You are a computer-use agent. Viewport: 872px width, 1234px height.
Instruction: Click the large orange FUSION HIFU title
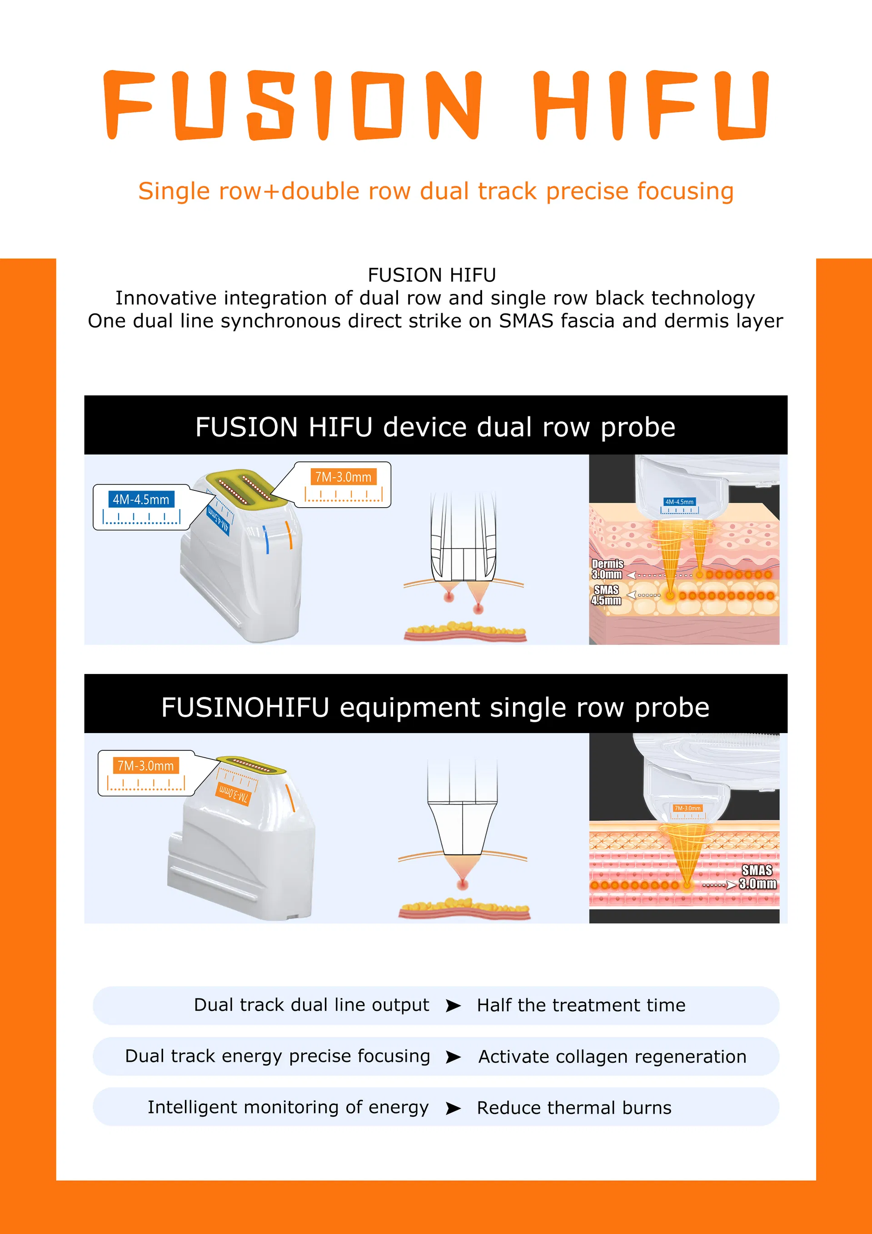436,105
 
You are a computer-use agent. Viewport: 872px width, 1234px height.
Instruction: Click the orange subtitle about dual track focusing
436,191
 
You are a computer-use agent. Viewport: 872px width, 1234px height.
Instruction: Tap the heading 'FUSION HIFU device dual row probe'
435,427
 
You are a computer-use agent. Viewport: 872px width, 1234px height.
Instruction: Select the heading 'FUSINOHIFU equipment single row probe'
435,707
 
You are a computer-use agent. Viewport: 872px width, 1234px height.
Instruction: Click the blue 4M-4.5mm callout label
141,500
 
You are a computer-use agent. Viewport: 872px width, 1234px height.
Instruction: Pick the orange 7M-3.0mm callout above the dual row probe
343,477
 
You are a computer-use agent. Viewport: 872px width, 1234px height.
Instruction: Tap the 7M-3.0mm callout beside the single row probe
145,765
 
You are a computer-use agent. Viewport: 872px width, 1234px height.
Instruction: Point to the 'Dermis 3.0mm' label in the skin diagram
607,569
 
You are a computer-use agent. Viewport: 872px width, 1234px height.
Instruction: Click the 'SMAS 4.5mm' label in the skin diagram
606,595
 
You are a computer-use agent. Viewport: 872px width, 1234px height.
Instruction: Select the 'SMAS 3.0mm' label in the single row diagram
757,877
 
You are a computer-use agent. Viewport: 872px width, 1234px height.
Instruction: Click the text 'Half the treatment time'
581,1005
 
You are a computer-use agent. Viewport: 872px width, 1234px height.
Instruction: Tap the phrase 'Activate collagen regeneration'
613,1057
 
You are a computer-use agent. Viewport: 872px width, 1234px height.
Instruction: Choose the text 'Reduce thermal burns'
574,1108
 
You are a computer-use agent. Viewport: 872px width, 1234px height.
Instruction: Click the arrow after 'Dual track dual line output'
453,1005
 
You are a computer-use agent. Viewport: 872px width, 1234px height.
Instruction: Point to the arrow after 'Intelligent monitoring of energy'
453,1108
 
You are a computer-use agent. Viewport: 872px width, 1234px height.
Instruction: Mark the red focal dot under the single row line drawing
463,884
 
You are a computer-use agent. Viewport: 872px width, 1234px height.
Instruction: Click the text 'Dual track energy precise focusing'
277,1056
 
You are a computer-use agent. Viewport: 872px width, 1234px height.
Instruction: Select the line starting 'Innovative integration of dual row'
435,298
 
